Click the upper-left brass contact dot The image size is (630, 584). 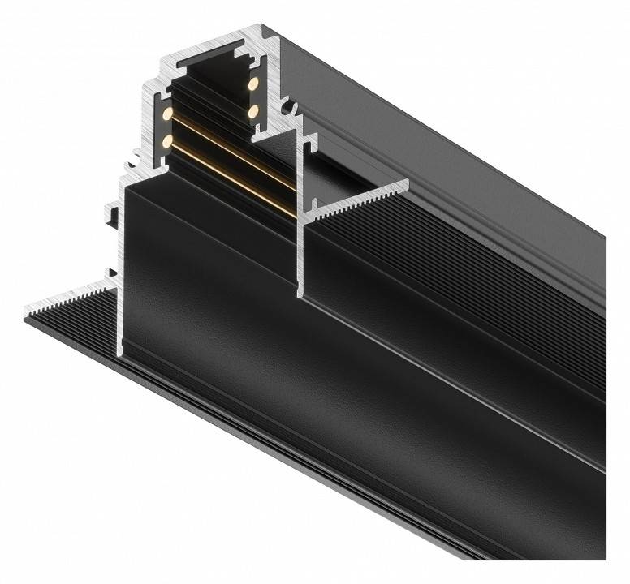(x=168, y=114)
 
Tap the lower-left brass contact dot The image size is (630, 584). (x=167, y=141)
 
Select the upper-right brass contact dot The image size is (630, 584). (x=253, y=84)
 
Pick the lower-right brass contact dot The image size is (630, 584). (x=253, y=109)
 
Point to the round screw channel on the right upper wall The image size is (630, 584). (x=287, y=106)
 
